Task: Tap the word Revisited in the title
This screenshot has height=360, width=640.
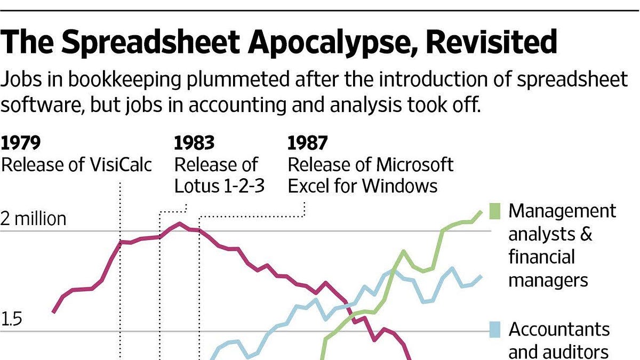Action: coord(492,41)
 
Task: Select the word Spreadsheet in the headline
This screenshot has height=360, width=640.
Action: coord(150,42)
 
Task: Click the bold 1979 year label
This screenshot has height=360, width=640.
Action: coord(21,143)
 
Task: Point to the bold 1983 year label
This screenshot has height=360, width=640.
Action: coord(194,143)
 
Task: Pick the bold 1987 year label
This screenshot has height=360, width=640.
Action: coord(307,143)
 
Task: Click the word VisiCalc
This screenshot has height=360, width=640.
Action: coord(121,165)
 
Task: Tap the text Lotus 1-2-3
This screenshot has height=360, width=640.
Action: coord(219,186)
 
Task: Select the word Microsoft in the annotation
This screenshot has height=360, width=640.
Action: coord(415,165)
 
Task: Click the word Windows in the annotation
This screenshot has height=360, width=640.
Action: coord(400,186)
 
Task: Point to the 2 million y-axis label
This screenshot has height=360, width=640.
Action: coord(33,219)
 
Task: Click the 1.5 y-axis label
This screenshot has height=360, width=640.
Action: coord(11,319)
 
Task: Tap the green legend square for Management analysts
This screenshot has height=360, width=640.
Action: coord(495,211)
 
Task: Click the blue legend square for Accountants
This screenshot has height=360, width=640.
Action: coord(495,330)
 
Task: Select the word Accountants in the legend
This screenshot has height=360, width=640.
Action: coord(559,330)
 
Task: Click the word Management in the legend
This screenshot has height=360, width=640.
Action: coord(562,211)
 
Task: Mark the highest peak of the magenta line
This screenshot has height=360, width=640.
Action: coord(179,223)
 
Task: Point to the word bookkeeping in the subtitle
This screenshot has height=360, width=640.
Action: coord(125,79)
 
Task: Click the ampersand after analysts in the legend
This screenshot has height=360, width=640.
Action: coord(586,234)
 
